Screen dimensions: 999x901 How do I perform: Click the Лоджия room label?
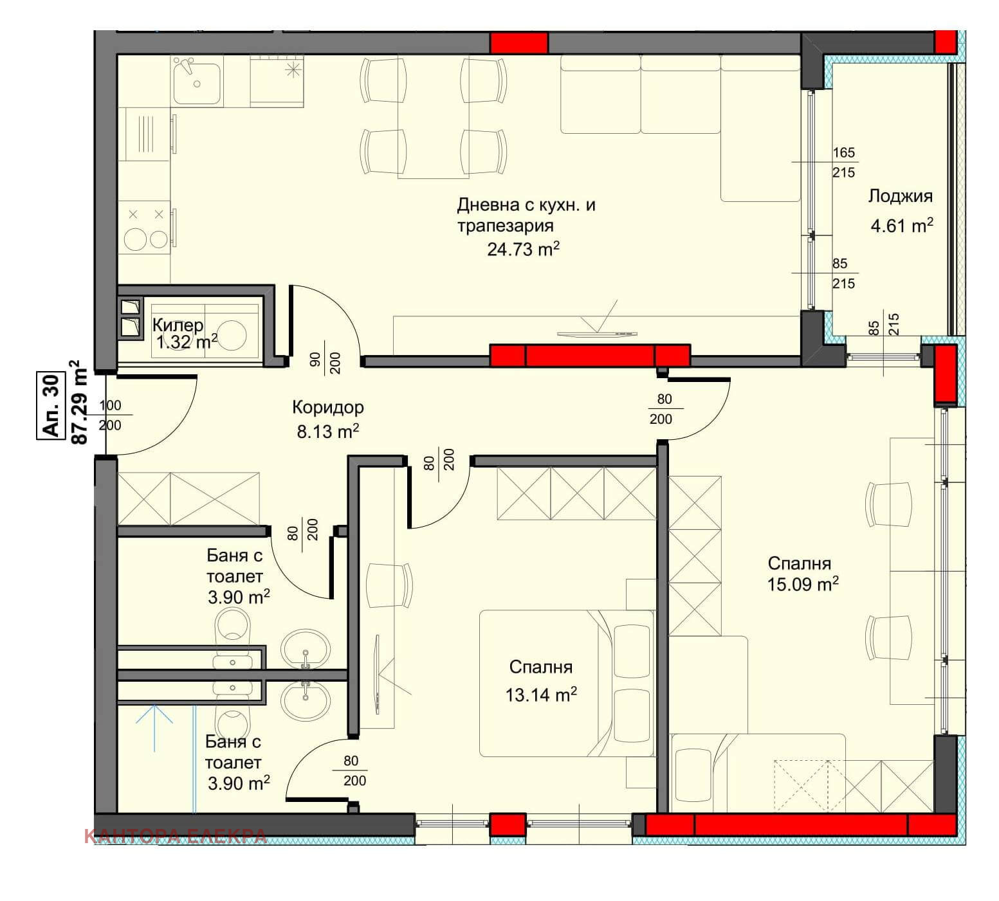(x=900, y=196)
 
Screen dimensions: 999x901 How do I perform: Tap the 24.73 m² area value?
(x=523, y=249)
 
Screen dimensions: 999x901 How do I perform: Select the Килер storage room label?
(x=178, y=325)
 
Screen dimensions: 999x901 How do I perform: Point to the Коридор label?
(x=327, y=407)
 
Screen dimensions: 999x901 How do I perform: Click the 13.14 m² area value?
(x=541, y=695)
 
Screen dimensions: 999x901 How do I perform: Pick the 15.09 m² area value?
(x=803, y=584)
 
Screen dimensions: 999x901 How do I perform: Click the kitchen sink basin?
(x=197, y=80)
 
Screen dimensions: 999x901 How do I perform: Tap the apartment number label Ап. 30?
(x=51, y=406)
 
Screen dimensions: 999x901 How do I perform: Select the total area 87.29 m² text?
(x=78, y=403)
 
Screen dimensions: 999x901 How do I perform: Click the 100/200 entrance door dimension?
(x=110, y=415)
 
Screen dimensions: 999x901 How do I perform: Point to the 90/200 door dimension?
(x=325, y=363)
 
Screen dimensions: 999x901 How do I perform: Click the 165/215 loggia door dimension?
(x=843, y=162)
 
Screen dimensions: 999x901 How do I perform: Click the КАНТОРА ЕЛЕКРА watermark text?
(x=175, y=836)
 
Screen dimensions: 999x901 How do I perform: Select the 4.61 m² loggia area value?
(x=902, y=225)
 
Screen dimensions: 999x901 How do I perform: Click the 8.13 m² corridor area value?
(x=327, y=431)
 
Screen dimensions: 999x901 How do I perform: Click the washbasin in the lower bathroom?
(x=306, y=698)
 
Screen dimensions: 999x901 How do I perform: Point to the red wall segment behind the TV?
(x=590, y=356)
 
